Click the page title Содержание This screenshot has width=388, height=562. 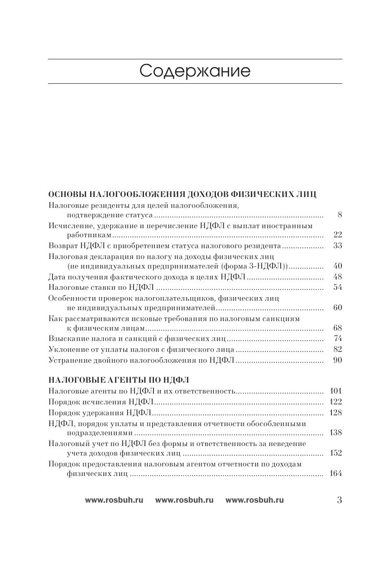[195, 71]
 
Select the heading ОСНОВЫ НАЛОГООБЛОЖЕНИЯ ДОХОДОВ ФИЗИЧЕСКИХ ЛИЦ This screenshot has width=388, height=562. [182, 194]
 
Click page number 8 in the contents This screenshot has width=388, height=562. [340, 215]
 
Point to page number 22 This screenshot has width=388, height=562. [337, 235]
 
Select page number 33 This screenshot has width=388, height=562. [337, 246]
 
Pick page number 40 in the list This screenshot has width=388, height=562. [337, 266]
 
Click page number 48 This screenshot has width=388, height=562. [337, 277]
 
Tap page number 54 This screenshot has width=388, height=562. [337, 288]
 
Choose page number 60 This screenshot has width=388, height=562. [337, 308]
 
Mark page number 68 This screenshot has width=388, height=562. [337, 328]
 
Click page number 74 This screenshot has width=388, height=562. [337, 339]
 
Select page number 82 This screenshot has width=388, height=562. [337, 349]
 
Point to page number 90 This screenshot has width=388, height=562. [337, 360]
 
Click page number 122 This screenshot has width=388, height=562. [336, 402]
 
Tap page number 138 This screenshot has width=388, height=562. [336, 433]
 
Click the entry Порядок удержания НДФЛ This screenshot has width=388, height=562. [100, 413]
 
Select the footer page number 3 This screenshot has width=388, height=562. [340, 500]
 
